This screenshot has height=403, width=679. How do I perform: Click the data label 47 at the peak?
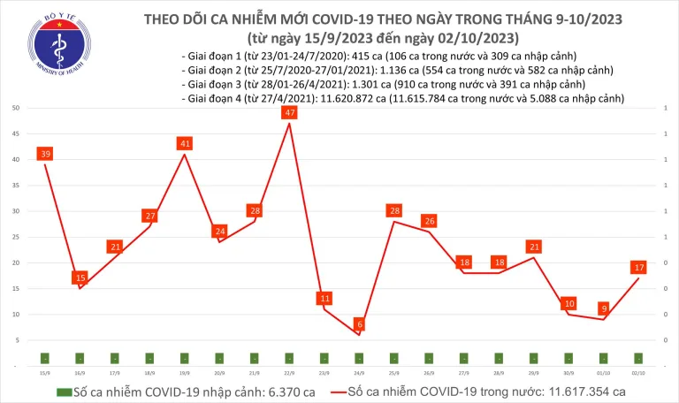[289, 113]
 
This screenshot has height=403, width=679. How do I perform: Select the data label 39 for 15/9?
[44, 154]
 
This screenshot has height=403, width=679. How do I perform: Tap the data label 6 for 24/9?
[359, 324]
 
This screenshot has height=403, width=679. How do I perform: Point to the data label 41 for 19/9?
[184, 143]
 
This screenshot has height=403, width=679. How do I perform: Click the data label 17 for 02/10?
[638, 267]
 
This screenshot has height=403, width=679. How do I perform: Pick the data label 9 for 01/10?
[603, 308]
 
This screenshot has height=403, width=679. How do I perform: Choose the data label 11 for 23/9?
[324, 298]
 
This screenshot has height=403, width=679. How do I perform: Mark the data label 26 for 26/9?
[429, 221]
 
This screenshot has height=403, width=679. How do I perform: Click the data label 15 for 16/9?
[80, 278]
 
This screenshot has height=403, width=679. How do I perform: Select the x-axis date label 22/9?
[289, 372]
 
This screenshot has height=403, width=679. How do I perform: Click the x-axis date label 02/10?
[638, 372]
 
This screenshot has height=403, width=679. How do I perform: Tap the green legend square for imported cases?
[63, 392]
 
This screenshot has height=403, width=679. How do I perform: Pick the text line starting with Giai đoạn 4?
[402, 99]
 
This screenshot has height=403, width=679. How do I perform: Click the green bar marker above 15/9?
[44, 358]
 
